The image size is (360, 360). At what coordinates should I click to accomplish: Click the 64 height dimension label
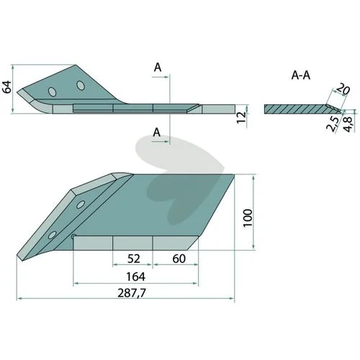coord(6,87)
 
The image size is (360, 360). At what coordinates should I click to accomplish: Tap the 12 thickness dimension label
coord(241,117)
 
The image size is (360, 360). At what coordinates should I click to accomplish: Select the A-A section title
coord(301,76)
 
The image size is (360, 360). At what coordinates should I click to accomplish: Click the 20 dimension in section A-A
coord(343,89)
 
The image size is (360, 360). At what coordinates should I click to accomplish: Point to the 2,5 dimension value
coord(333,123)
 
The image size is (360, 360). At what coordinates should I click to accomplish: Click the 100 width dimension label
coord(248,217)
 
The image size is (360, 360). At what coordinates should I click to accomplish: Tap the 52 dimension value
coord(133,258)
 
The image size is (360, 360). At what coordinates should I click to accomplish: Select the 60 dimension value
coord(179,258)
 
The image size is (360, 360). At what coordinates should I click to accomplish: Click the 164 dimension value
coord(135,276)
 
